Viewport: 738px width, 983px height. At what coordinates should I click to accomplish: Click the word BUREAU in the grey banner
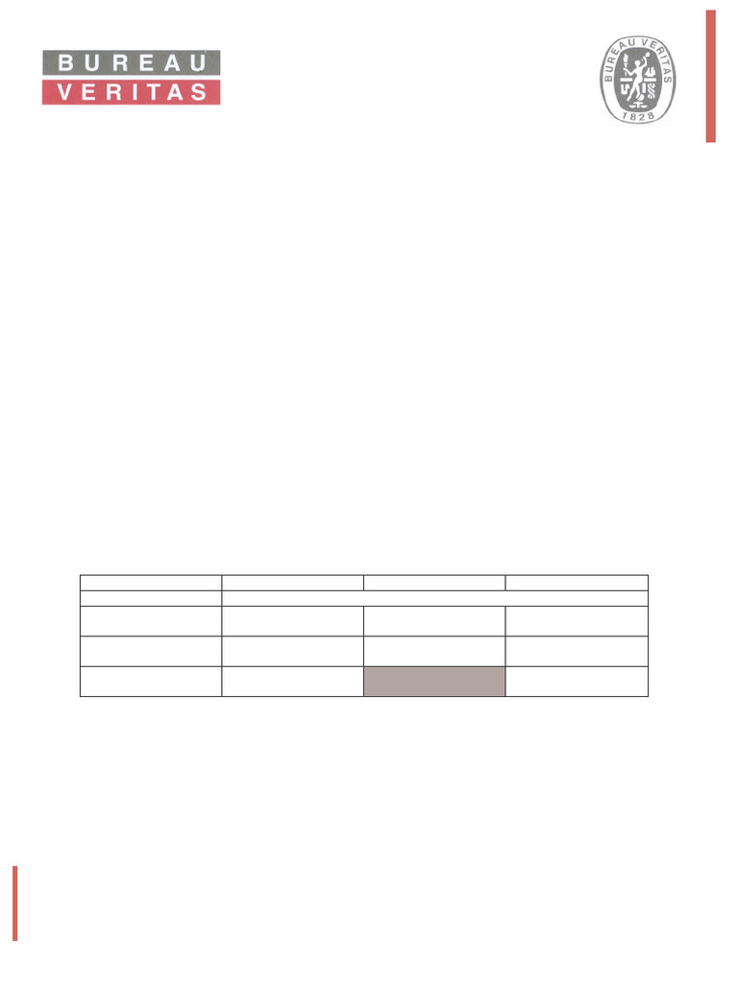(133, 62)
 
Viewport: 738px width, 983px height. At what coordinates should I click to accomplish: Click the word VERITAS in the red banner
(132, 92)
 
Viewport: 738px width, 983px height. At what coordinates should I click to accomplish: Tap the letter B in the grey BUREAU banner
(65, 62)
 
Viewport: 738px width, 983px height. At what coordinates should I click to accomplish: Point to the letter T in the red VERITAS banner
(154, 92)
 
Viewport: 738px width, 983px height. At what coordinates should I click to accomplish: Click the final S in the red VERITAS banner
(199, 92)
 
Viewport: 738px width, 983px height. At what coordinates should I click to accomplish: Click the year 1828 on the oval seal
(638, 115)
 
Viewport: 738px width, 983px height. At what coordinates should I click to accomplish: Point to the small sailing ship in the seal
(652, 73)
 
